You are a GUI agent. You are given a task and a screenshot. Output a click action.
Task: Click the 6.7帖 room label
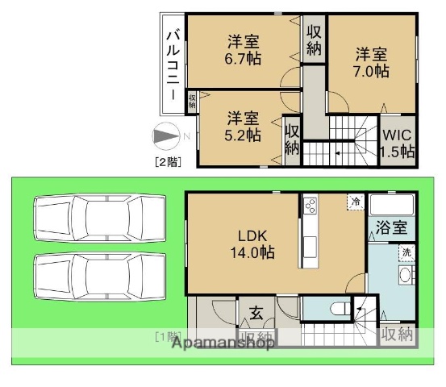point(243,51)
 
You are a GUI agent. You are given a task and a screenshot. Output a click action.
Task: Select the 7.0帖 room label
point(372,63)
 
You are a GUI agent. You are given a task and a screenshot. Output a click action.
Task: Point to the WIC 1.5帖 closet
point(398,143)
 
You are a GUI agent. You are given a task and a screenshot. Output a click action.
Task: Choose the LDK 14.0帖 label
point(256,243)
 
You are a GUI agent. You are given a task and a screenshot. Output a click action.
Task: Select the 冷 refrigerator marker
point(355,202)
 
